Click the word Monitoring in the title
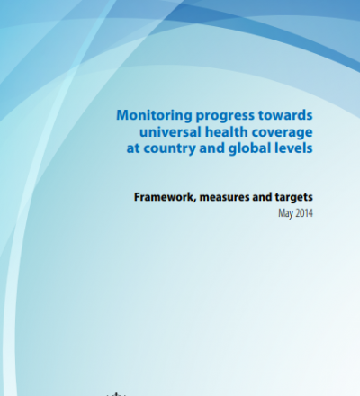154,116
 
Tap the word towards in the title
285,115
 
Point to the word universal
170,132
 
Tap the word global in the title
249,148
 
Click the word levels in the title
293,148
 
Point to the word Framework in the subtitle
164,197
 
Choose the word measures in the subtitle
224,197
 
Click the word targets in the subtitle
294,197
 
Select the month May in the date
285,213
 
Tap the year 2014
304,213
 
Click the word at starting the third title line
133,148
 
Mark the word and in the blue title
212,148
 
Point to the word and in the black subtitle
262,197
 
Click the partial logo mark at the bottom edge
116,394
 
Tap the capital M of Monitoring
123,115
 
